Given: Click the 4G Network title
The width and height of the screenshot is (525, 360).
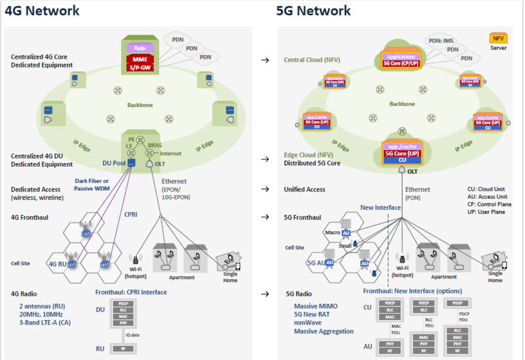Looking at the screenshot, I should click(42, 10).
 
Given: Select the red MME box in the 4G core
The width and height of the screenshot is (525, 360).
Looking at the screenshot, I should click(140, 59).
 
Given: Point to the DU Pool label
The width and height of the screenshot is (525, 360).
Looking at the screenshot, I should click(113, 163).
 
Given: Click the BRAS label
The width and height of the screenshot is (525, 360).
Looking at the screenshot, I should click(155, 146).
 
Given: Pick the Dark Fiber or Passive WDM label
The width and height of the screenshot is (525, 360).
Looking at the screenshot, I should click(92, 184).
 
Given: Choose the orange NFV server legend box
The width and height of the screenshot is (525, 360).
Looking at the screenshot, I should click(498, 38).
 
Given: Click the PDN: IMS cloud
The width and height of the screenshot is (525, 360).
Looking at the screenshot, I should click(441, 41).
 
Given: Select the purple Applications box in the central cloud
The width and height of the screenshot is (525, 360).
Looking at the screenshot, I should click(401, 57).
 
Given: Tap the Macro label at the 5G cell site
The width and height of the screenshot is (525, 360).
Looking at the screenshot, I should click(333, 232).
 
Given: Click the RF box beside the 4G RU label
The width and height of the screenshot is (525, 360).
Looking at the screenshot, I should click(124, 349).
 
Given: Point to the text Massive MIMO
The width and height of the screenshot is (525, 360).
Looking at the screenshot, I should click(316, 306).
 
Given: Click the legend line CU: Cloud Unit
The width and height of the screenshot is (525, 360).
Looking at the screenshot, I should click(486, 189).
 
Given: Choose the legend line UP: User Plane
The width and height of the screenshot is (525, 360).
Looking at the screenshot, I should click(486, 212).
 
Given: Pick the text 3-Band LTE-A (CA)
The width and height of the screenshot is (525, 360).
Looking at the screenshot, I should click(45, 322).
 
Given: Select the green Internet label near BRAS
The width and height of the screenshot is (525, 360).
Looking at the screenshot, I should click(171, 154).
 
